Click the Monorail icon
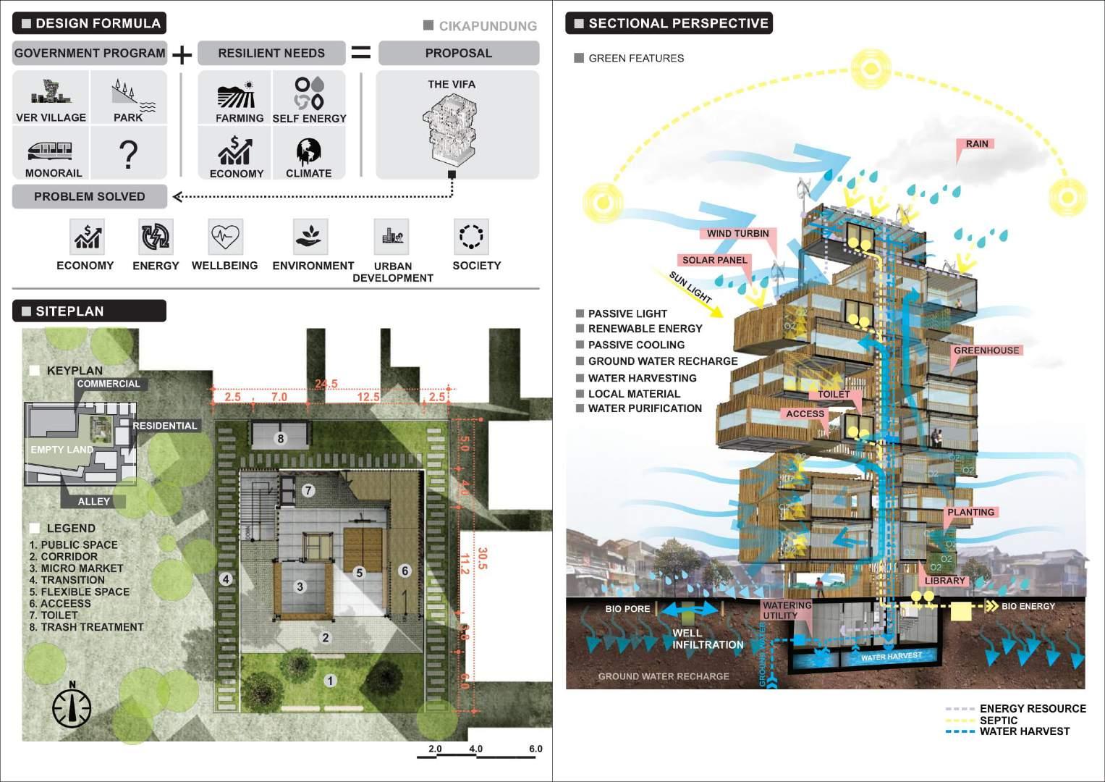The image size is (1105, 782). pos(51,151)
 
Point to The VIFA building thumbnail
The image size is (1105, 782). pos(451,130)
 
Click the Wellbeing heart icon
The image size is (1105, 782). pos(225,236)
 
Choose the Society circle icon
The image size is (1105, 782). pos(471,236)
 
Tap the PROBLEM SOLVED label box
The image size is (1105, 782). pos(90,196)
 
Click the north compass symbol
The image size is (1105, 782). pos(72,707)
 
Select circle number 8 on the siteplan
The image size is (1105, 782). pos(281,438)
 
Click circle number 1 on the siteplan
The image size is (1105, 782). pos(330,681)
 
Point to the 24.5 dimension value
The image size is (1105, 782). pos(326,384)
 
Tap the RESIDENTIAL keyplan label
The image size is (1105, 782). pos(165,426)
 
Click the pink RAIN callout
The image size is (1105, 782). pos(976,144)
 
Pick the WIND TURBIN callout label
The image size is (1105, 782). pos(738,233)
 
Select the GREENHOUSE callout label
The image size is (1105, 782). pos(986,350)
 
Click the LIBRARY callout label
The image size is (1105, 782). pos(945,581)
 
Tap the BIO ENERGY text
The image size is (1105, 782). pos(1028,606)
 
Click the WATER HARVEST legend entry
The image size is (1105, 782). pos(1024,731)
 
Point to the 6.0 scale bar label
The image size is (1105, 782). pos(535,749)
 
